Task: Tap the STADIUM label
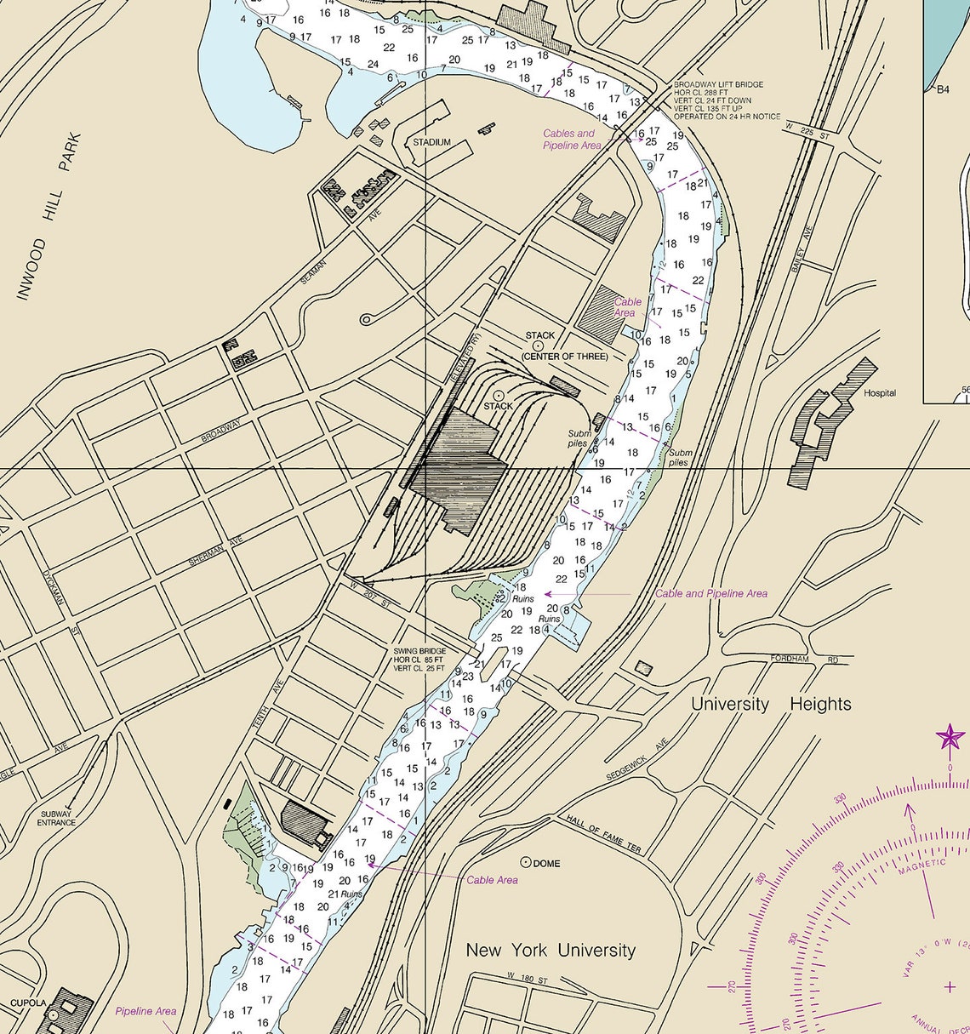(x=432, y=142)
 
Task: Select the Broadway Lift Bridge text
(x=718, y=85)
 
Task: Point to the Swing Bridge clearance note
(x=419, y=660)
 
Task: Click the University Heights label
(x=771, y=704)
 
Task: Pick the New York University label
(x=551, y=950)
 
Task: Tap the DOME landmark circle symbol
(x=526, y=862)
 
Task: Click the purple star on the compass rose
(x=951, y=736)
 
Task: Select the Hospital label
(x=880, y=393)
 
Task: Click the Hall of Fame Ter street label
(x=603, y=835)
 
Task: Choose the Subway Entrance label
(x=57, y=818)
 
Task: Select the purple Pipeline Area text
(x=145, y=1011)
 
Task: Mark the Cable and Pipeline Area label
(x=711, y=593)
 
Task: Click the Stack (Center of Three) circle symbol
(x=539, y=346)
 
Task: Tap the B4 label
(x=942, y=89)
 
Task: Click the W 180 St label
(x=524, y=976)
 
